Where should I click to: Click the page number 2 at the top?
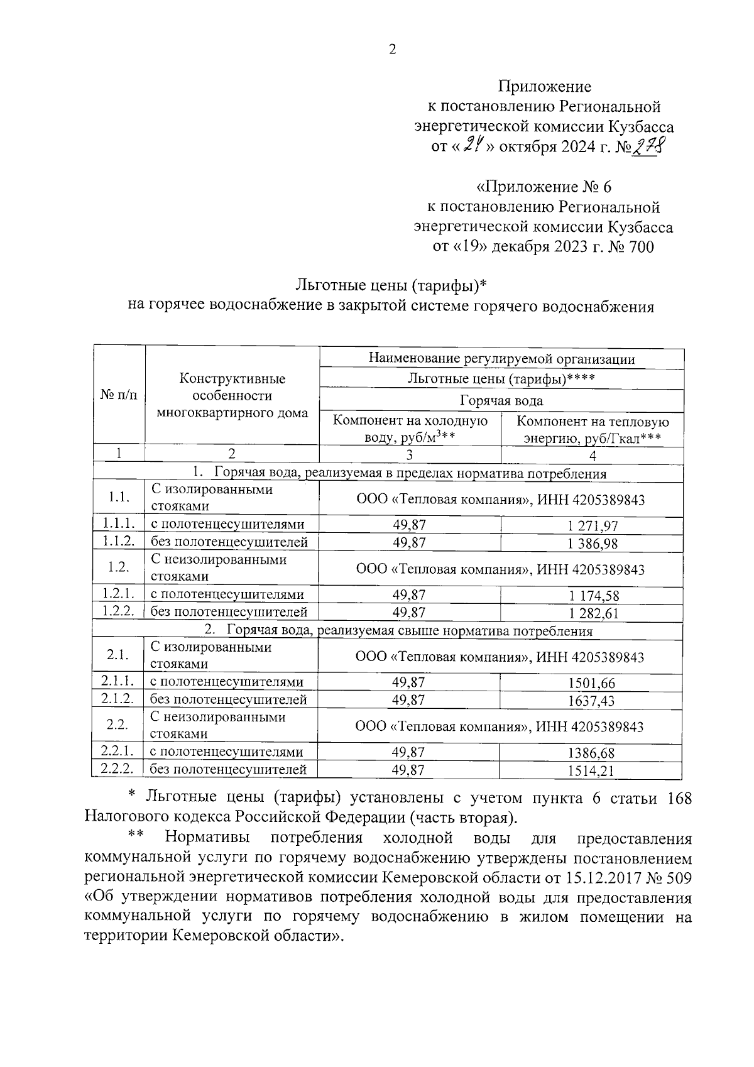point(392,50)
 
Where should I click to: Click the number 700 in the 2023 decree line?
point(639,247)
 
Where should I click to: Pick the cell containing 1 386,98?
point(593,543)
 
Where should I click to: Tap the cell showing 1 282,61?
point(593,613)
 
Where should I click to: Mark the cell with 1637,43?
point(591,701)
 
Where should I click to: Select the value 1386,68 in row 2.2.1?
point(591,753)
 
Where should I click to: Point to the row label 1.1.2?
point(119,542)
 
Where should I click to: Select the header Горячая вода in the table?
point(501,400)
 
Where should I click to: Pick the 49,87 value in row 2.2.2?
point(408,770)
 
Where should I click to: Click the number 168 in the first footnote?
point(677,798)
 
